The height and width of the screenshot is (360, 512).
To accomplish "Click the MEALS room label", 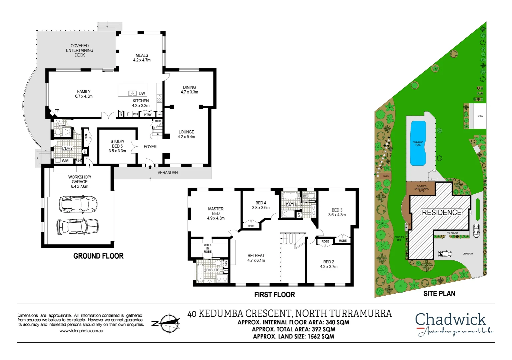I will tap(142, 55).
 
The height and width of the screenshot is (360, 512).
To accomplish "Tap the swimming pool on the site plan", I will tap(418, 143).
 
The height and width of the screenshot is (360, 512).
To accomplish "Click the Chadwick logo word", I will tap(450, 319).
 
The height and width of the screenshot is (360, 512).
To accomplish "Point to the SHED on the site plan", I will tap(480, 116).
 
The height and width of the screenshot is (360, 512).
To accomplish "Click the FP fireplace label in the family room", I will tap(57, 111).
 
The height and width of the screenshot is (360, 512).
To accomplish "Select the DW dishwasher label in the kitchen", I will tap(142, 94).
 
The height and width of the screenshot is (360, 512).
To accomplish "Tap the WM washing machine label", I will tap(65, 161).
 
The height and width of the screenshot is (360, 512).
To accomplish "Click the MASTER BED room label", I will tap(216, 211).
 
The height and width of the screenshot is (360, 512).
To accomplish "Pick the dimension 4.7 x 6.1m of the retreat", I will tap(256, 261).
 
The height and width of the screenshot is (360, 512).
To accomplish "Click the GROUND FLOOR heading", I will tap(98, 256).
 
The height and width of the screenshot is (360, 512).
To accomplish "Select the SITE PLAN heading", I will tap(439, 294).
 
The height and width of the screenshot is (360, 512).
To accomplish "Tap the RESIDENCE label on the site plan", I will tap(442, 212).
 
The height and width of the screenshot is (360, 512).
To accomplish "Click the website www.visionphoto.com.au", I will tap(81, 331).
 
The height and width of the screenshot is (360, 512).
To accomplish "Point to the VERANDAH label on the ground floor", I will tap(168, 173).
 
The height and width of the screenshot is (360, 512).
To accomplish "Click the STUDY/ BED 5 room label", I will tap(117, 144).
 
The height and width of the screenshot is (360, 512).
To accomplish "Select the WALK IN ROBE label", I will tap(208, 248).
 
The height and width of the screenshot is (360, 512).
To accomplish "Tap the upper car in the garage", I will tap(78, 204).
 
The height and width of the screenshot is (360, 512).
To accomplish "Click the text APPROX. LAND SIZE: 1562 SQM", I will tap(294, 336).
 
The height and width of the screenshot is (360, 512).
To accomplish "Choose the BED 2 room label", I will tap(329, 262).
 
